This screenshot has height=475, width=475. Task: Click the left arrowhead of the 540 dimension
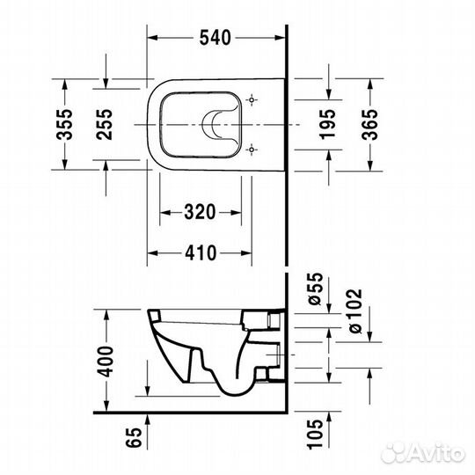coord(150,37)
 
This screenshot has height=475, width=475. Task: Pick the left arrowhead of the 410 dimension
coord(150,252)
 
